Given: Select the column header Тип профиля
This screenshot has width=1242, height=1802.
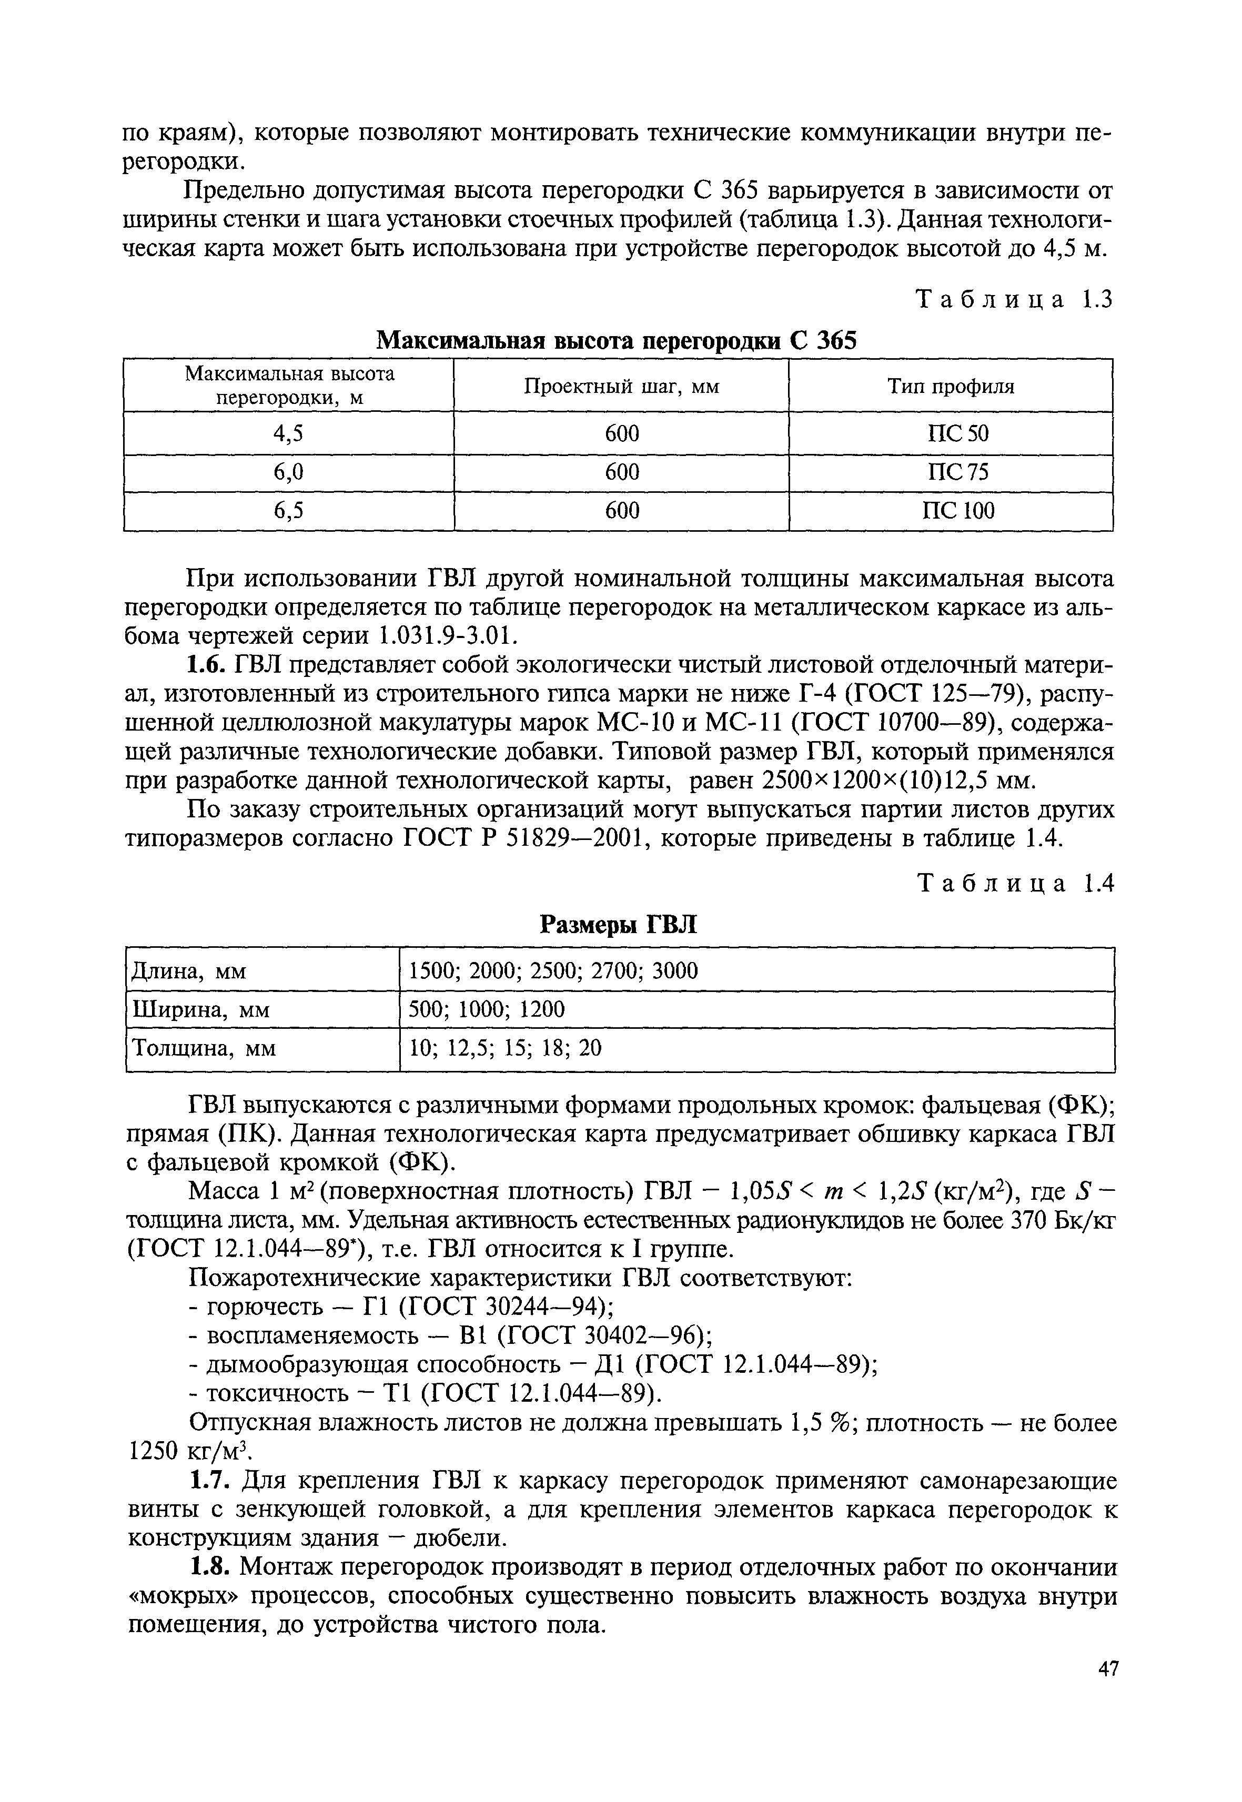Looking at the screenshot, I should click(951, 387).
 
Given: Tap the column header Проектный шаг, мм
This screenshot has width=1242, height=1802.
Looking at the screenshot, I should click(621, 387).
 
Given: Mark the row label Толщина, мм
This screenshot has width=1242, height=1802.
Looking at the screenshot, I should click(205, 1049).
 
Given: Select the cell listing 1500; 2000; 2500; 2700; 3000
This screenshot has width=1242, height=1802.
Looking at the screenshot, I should click(553, 971).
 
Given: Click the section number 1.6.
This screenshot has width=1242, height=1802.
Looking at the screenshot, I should click(206, 666).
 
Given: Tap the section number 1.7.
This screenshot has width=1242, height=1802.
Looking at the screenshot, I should click(206, 1481).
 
